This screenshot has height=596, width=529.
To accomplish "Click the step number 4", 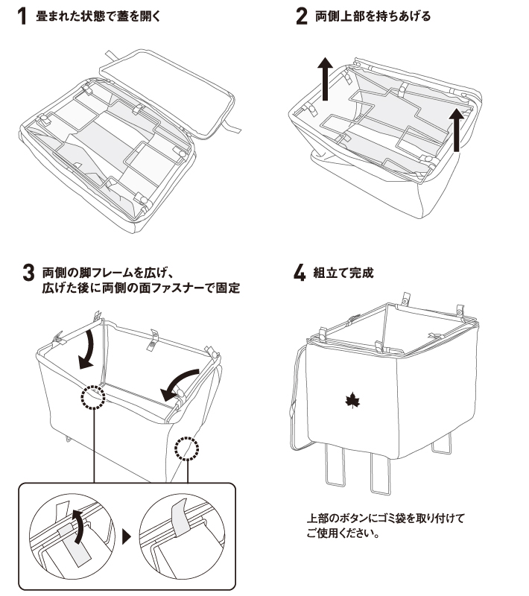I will click(x=300, y=273).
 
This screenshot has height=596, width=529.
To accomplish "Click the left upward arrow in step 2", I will click(x=326, y=81).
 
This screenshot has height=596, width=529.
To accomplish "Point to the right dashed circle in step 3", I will click(x=186, y=449).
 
